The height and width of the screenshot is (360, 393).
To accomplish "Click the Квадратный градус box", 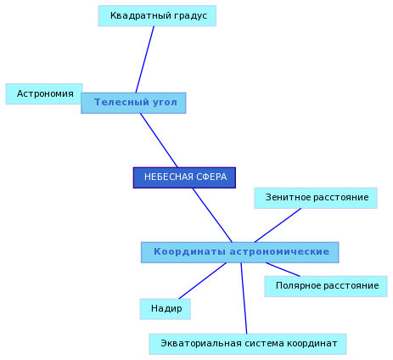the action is coord(157,16).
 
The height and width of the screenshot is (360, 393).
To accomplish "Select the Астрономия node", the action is coord(44,93).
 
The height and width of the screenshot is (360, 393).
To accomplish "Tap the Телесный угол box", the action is coord(133,103).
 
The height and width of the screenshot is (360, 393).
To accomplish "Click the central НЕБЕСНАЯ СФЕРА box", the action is coord(184,177).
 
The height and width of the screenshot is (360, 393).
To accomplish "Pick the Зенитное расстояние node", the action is coord(316,198).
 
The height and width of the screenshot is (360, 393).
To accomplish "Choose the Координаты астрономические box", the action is coord(240,252).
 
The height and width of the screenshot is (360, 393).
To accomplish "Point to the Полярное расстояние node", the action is coord(326,286).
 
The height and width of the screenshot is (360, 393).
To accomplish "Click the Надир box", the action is coord(166,309).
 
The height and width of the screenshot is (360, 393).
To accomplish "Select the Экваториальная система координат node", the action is coord(248,344).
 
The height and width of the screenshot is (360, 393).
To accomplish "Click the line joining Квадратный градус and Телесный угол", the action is coord(145,59).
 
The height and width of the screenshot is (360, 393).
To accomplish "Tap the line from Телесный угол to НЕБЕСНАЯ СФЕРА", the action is coord(159,140).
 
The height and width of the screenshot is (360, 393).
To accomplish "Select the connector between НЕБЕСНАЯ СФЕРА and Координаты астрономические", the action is coord(212,215).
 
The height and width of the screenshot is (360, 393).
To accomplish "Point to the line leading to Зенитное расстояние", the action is coord(278,225).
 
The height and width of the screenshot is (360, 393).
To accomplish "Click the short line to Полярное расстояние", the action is coord(283,269).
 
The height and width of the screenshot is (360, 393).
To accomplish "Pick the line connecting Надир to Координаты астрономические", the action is coord(203,281).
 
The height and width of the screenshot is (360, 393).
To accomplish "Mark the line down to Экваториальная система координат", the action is coord(244,298).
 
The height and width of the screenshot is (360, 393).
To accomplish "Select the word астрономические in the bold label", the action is coord(279,251).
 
